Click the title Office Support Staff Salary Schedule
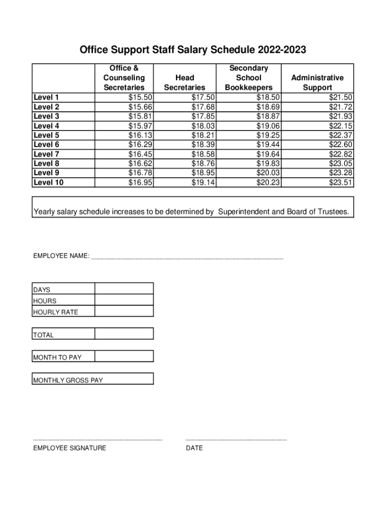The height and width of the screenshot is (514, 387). click(193, 50)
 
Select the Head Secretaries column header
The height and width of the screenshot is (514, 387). click(184, 82)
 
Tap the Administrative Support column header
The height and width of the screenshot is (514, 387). click(317, 82)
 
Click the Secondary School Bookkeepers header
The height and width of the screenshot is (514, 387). click(248, 78)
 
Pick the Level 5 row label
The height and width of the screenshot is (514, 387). click(46, 135)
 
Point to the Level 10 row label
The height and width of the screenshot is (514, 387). click(48, 182)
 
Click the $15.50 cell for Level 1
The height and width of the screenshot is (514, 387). click(141, 97)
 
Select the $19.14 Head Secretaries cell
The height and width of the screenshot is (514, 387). click(203, 182)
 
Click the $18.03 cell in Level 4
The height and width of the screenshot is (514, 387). click(203, 125)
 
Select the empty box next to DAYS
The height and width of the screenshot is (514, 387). click(124, 289)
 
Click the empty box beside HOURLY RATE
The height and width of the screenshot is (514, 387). click(124, 311)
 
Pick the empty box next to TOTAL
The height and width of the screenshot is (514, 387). click(124, 334)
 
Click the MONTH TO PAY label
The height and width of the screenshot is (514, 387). click(57, 357)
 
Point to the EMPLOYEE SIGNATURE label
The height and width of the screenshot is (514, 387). click(69, 448)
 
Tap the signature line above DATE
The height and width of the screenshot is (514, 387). click(236, 440)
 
